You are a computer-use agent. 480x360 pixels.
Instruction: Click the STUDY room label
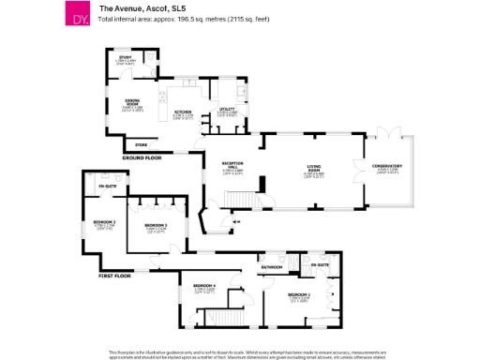(125, 58)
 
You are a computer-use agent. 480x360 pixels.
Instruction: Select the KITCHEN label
(183, 112)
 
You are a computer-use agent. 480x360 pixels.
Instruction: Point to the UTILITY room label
(227, 110)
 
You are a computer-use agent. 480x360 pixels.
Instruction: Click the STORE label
(142, 145)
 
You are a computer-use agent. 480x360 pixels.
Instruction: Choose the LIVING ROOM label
(314, 170)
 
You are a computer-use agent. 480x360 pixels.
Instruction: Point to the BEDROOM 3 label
(156, 226)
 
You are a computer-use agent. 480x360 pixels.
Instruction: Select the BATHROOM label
(272, 267)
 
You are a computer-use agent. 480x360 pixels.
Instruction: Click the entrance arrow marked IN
(235, 221)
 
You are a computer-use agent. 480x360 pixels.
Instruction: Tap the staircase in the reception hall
(242, 199)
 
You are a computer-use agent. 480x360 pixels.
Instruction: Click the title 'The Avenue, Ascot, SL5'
(133, 7)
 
